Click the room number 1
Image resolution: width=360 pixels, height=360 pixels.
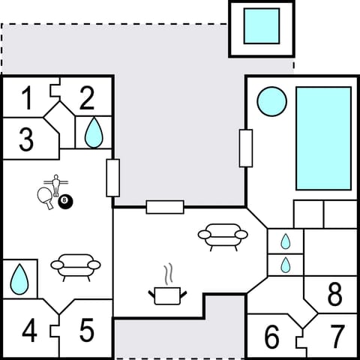tap(27, 97)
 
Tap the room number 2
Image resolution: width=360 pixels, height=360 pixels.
tap(87, 97)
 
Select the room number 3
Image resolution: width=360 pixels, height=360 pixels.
tap(26, 140)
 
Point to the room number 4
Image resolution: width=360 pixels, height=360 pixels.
tap(29, 331)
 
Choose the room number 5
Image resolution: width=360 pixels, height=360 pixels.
tap(86, 330)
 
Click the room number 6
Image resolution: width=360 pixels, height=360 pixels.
tap(272, 338)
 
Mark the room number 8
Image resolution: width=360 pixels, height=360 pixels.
tap(334, 294)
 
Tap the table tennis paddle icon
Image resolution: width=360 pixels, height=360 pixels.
tap(44, 196)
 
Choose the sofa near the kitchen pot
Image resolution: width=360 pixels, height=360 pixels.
tap(223, 235)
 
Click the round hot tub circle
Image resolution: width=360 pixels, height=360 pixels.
tap(271, 101)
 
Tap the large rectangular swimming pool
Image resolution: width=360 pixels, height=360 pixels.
tap(323, 138)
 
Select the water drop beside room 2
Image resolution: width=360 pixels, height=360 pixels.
tap(93, 133)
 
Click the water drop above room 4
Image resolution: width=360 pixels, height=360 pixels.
tap(19, 279)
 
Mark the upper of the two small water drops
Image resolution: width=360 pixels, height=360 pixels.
tap(285, 241)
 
